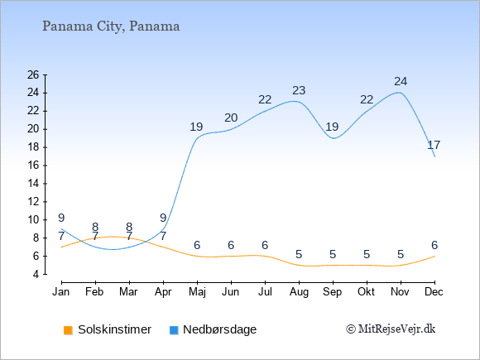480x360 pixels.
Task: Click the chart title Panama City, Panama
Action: [111, 26]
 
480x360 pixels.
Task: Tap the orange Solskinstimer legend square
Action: [68, 330]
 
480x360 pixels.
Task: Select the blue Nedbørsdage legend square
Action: [174, 330]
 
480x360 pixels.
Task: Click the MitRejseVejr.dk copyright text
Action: [391, 329]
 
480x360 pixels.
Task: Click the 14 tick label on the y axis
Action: [33, 184]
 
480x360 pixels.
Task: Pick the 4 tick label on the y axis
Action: [36, 274]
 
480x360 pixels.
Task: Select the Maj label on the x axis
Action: [197, 292]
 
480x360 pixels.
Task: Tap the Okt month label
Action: [366, 292]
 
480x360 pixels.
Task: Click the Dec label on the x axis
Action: [434, 292]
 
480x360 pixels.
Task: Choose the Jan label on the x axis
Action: [61, 292]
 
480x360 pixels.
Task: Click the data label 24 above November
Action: [401, 81]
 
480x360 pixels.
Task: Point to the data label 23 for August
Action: [299, 90]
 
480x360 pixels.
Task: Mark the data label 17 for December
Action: [434, 145]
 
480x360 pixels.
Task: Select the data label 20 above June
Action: [231, 118]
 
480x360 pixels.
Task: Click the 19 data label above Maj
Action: [196, 127]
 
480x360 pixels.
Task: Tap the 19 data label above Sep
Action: [332, 127]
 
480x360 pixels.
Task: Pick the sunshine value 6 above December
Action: [434, 245]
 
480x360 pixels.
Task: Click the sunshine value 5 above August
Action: [299, 254]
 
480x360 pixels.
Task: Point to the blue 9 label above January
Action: [61, 218]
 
